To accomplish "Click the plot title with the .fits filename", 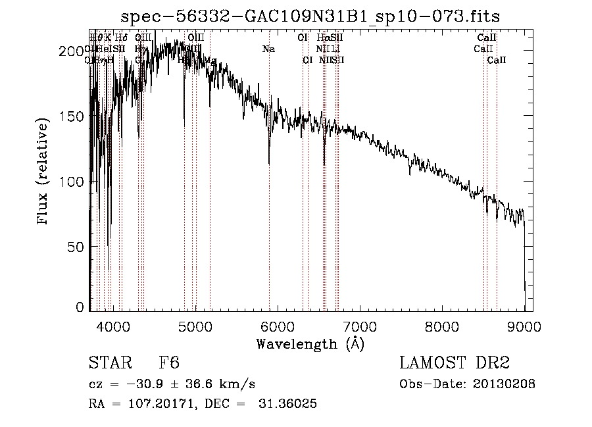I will [315, 16].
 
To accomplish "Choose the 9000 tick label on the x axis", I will [524, 326].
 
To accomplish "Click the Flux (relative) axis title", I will [44, 172].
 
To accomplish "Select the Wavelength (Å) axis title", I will [310, 343].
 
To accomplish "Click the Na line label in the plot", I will [268, 49].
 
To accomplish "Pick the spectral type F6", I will [169, 363].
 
